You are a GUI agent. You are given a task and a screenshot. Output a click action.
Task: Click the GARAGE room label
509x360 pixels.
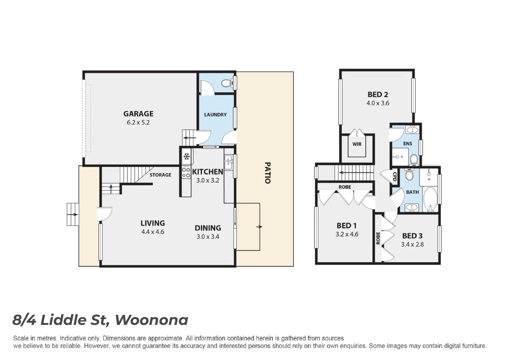[138, 114]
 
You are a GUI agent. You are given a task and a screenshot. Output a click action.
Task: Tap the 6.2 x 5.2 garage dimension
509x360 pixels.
[138, 122]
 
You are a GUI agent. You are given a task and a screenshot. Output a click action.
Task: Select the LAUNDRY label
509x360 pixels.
[215, 115]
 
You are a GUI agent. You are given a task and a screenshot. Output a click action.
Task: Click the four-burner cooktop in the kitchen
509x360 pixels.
[186, 172]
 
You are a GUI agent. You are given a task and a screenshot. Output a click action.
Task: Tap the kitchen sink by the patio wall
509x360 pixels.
[228, 163]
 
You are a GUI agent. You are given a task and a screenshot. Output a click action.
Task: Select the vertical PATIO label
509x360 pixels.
[267, 173]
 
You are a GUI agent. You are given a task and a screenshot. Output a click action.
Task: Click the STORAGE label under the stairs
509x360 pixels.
[160, 175]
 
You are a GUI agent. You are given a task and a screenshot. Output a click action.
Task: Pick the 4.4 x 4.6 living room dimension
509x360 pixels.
[153, 232]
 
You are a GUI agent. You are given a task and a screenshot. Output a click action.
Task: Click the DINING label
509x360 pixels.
[208, 228]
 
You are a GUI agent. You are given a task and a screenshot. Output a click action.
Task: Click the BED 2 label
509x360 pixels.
[378, 95]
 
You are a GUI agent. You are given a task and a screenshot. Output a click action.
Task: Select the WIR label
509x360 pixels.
[357, 144]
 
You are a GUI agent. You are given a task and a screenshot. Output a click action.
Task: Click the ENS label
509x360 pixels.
[407, 144]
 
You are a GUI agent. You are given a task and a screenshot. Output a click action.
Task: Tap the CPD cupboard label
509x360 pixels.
[395, 176]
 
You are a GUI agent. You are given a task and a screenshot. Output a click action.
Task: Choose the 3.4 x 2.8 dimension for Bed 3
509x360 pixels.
[412, 244]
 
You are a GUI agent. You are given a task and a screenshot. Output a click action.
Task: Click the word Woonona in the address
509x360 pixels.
[152, 320]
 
